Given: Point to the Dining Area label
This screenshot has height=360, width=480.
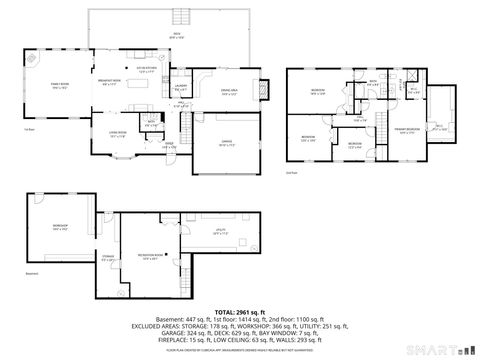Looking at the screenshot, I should pos(228,91).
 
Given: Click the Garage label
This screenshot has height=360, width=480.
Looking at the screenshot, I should pos(227,141).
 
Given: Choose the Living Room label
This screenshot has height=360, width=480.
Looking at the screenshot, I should pos(118,133).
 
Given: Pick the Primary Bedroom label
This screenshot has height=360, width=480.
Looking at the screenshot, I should pos(406,130).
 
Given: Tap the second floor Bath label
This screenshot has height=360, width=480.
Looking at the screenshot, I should pos(372,82).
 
